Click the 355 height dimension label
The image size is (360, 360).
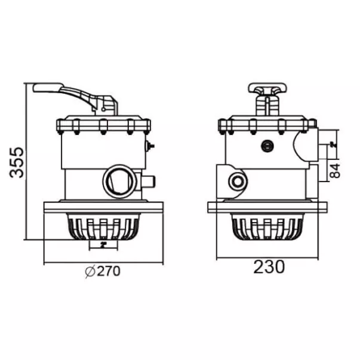pos(17,162)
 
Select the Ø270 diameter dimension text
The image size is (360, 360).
pos(103,272)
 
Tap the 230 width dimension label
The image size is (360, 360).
pos(269,267)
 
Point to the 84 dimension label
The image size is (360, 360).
pos(335,171)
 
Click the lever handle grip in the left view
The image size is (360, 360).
pos(48,88)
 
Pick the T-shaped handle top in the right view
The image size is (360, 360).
pos(267,88)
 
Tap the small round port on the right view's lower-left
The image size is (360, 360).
pos(238,181)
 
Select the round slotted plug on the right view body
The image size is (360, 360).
pos(267,146)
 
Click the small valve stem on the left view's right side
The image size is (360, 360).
pos(150,146)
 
